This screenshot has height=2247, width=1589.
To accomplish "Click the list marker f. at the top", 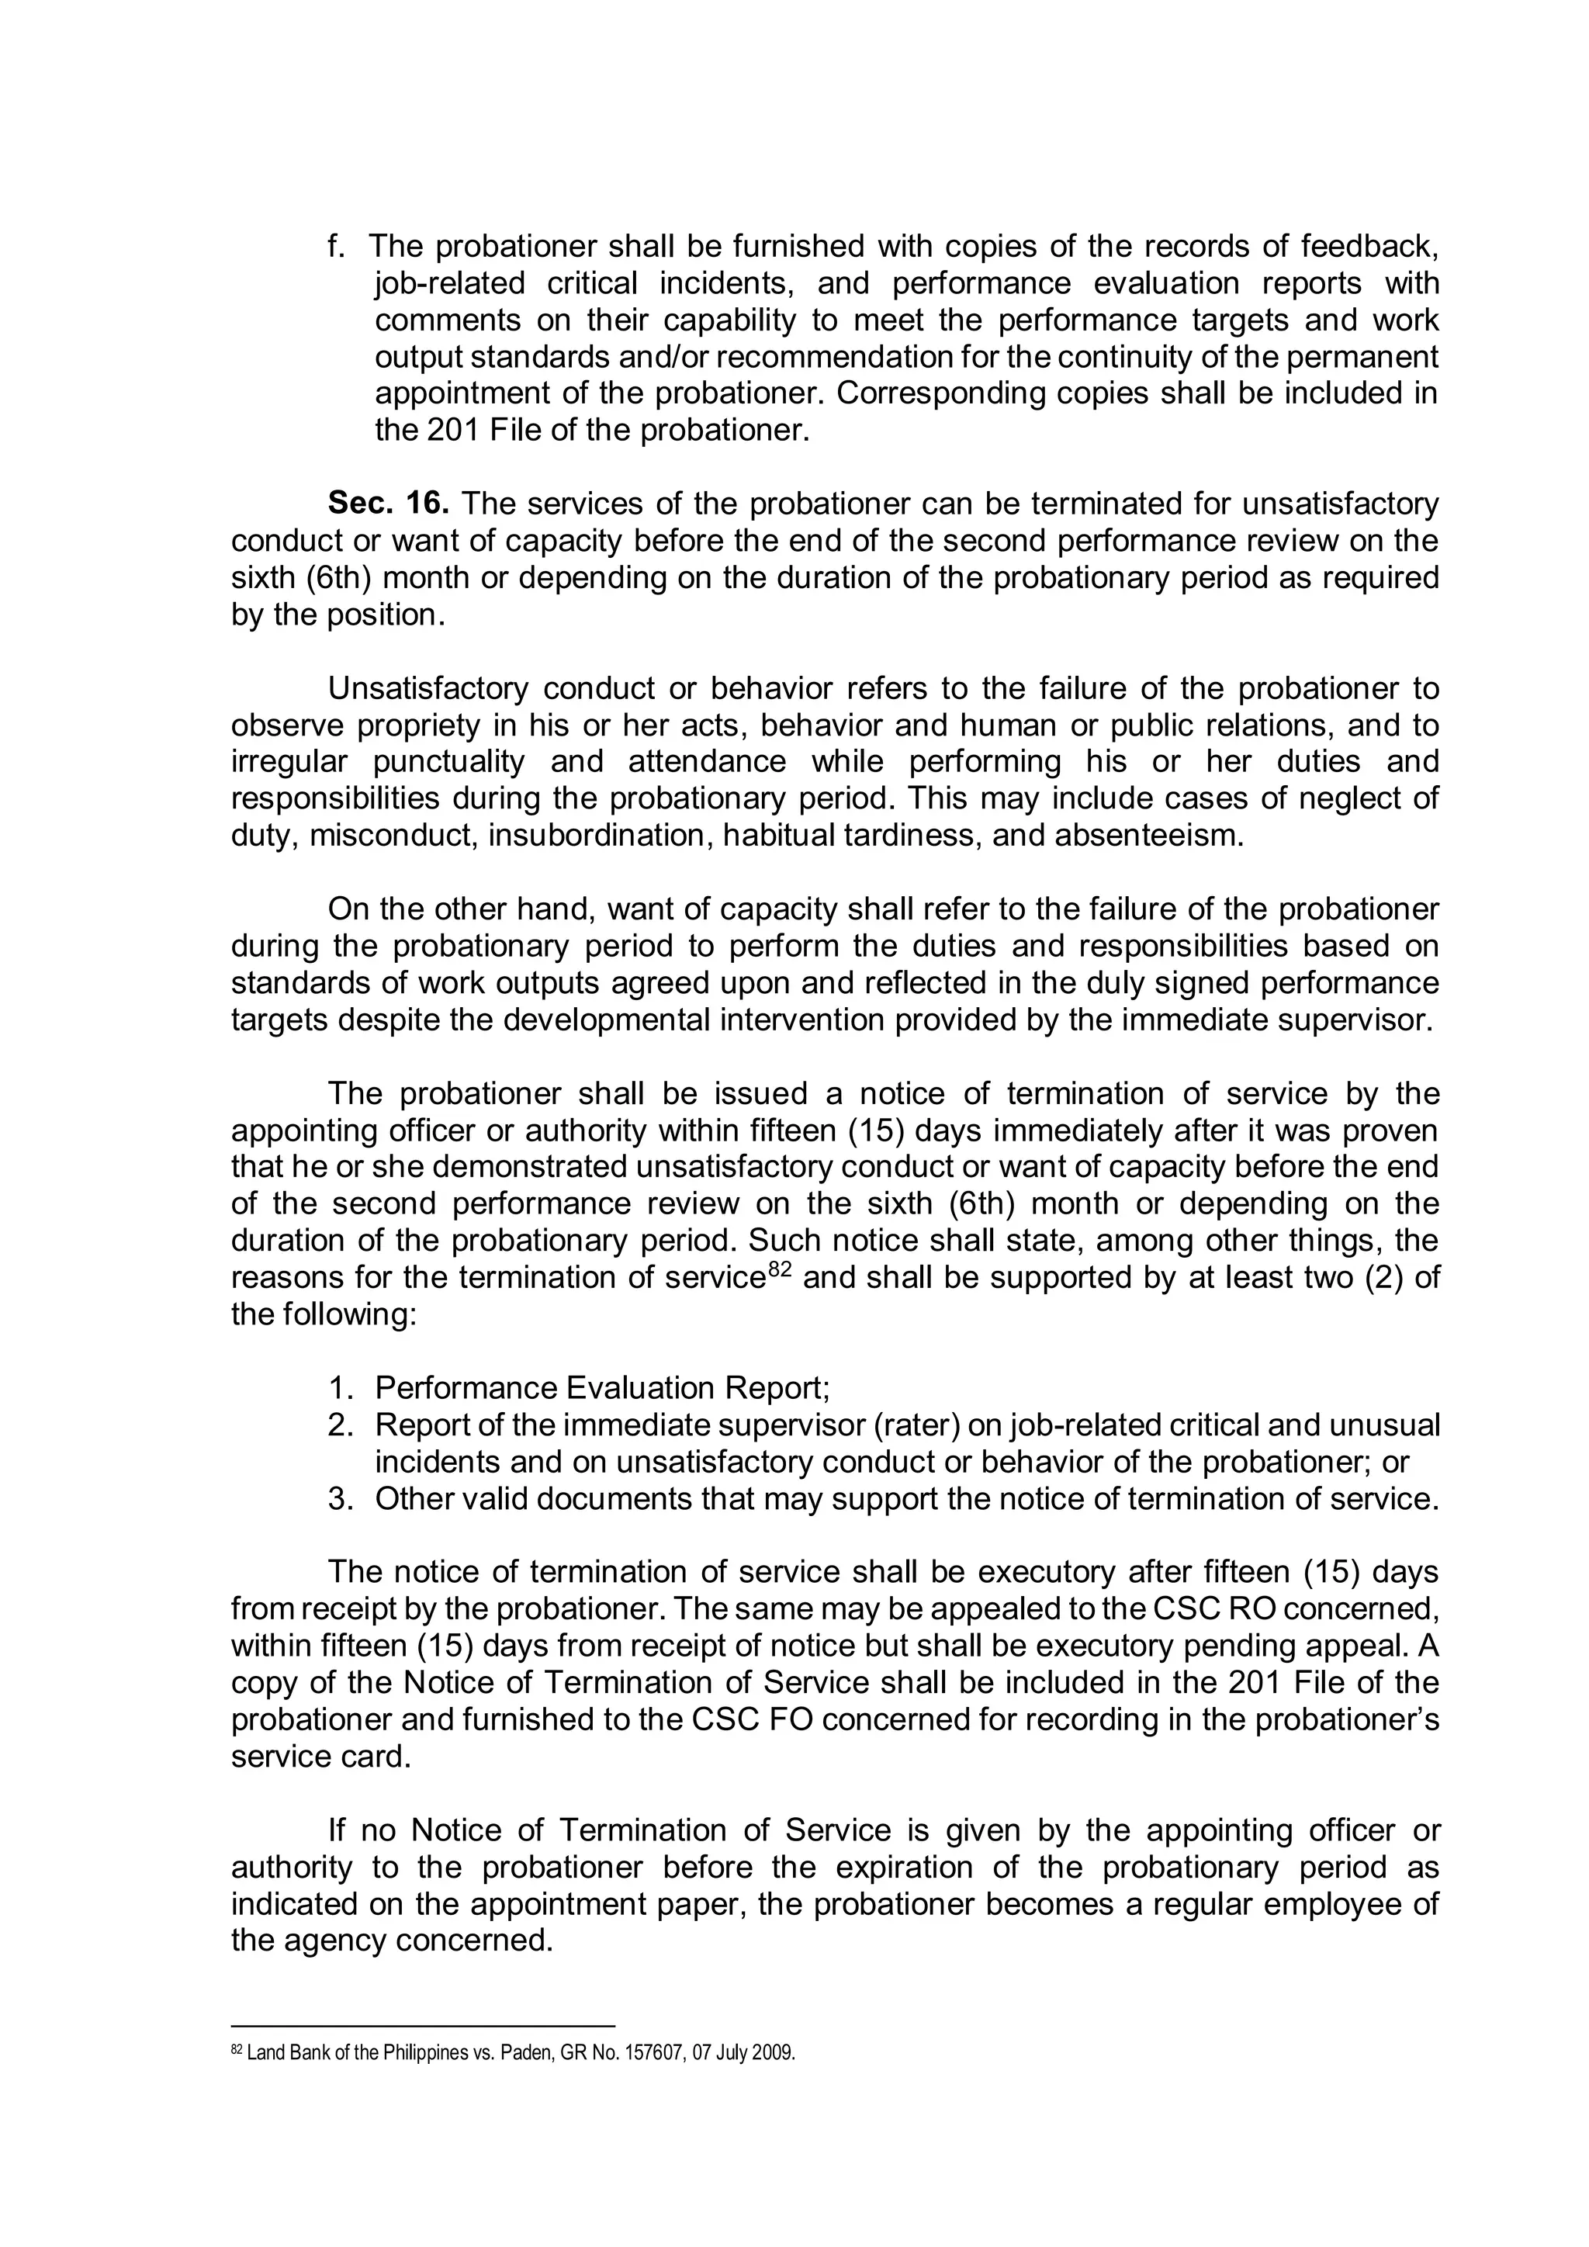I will tap(337, 247).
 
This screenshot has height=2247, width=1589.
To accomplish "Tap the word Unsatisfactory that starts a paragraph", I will tap(428, 689).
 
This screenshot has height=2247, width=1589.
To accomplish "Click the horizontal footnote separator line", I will tap(422, 2026).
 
